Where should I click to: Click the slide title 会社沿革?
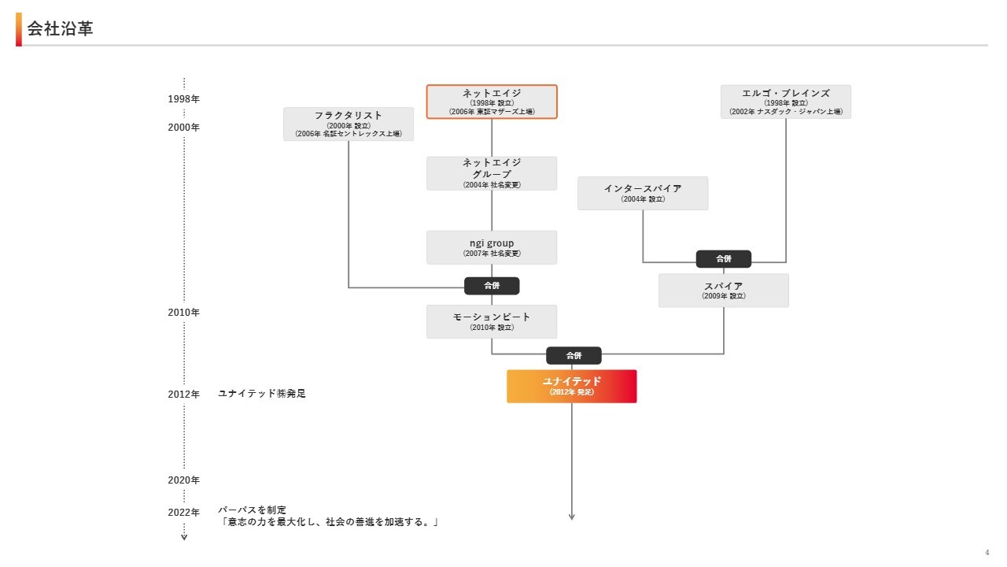[60, 29]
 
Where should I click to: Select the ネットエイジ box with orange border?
[492, 102]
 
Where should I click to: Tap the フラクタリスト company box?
[349, 124]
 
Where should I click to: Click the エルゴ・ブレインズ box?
[785, 102]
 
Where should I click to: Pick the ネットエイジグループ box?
[492, 173]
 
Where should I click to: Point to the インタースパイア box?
[643, 193]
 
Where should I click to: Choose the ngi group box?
[492, 247]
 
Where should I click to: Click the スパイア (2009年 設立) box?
[723, 291]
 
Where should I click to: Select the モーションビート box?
[492, 321]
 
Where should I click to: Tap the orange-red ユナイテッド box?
[571, 386]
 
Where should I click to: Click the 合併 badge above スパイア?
[723, 258]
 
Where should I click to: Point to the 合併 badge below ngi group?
[492, 286]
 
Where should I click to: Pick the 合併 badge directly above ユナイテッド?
[574, 356]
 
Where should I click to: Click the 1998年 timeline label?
[184, 99]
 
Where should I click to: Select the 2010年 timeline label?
[184, 313]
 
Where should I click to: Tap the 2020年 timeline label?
[184, 480]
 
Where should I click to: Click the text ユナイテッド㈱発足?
[262, 394]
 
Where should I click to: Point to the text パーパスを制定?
[253, 510]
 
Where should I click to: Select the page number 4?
[987, 552]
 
